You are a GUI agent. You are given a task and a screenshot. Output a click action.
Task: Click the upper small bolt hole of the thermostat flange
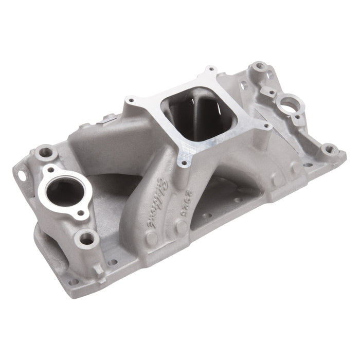tap(50, 169)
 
